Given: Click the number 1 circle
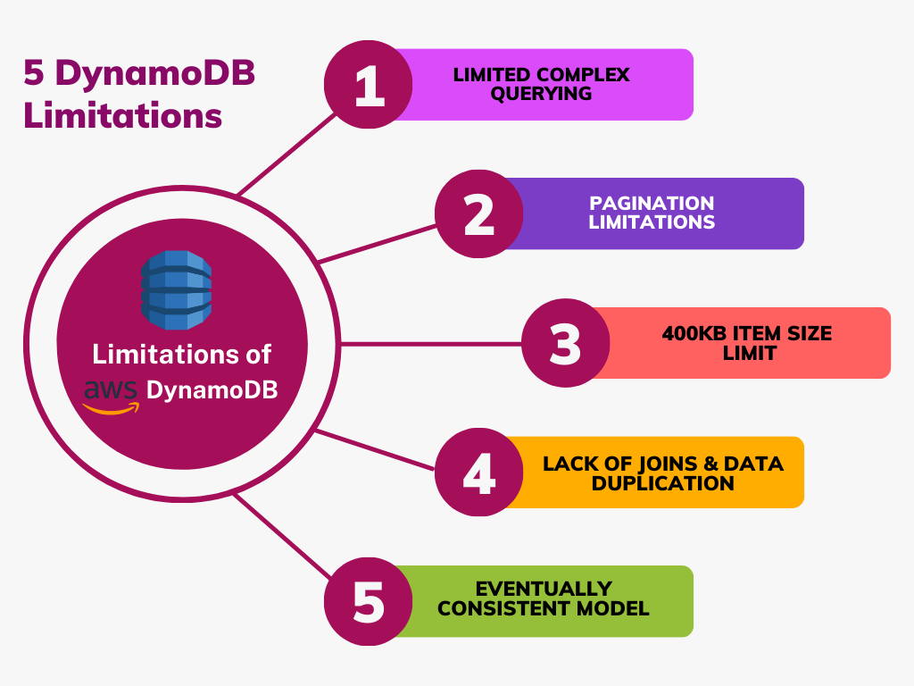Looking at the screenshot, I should click(369, 85).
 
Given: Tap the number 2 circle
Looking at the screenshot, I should click(479, 214).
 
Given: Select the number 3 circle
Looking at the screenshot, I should click(565, 343).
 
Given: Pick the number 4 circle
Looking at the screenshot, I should click(479, 473).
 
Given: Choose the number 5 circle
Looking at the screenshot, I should click(369, 601).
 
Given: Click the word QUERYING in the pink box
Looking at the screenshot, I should click(541, 93).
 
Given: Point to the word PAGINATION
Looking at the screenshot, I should click(652, 204).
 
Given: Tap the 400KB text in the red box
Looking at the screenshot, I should click(694, 334).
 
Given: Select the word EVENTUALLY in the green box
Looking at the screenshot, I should click(544, 590).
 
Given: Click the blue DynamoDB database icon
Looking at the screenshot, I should click(177, 289).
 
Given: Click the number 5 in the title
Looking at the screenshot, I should click(32, 73).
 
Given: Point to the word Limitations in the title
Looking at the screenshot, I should click(122, 115).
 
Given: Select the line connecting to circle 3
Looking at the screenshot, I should click(428, 343).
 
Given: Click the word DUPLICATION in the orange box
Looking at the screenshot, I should click(663, 483).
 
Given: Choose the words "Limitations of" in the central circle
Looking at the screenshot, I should click(181, 355).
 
